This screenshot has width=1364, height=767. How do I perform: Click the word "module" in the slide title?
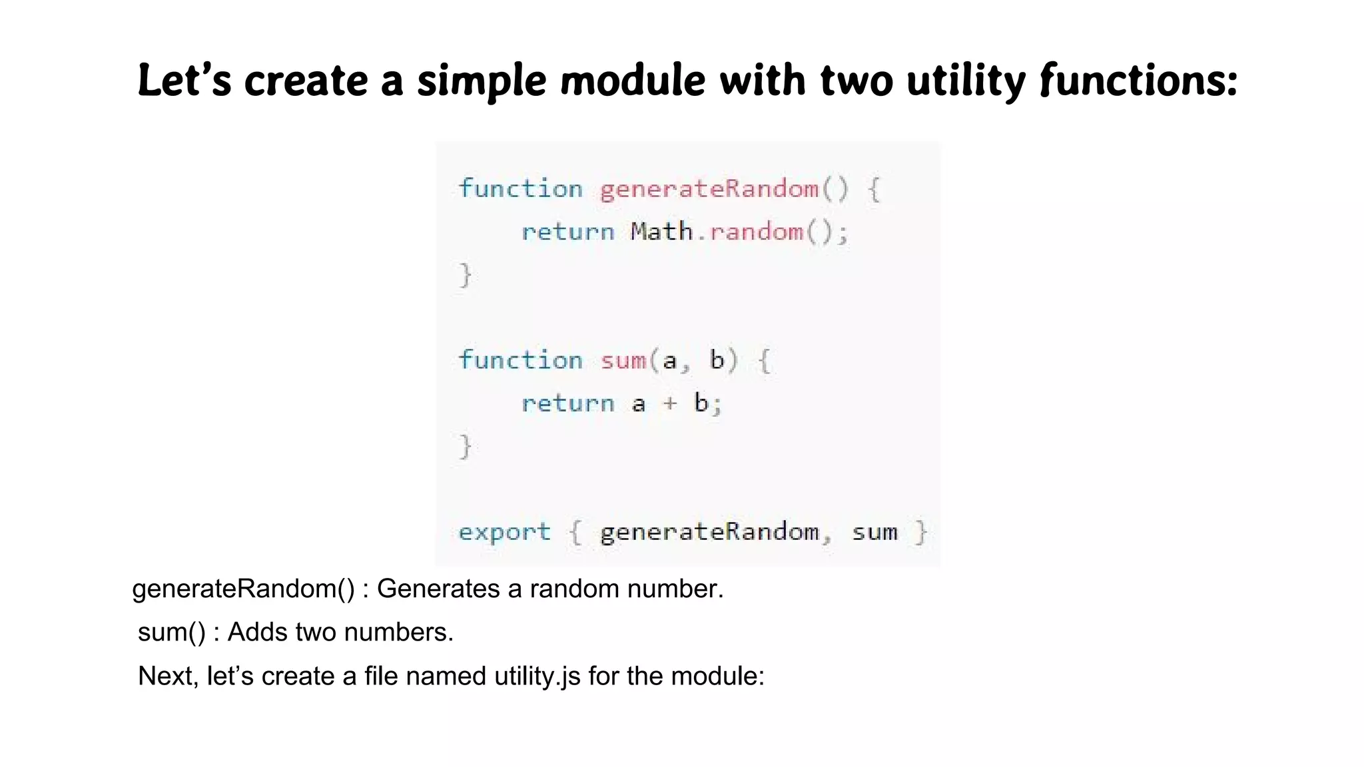632,81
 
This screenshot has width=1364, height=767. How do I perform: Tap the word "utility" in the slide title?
966,82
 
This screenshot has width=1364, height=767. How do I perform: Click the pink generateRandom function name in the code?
709,189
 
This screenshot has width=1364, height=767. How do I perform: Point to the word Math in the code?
661,232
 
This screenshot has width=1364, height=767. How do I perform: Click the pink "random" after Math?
756,232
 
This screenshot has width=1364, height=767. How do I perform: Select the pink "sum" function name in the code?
623,361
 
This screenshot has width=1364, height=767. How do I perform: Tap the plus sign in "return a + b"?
670,403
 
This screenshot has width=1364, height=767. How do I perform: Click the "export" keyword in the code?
504,532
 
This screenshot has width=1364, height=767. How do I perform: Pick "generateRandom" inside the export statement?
709,533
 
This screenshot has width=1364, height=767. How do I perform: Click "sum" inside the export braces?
874,533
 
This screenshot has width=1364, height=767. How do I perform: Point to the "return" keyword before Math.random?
567,232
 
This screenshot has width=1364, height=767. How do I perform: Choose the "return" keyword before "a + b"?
567,403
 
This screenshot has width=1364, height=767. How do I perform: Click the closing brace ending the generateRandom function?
466,274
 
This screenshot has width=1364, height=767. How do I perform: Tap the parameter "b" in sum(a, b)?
717,360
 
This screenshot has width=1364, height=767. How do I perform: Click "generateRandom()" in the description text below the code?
244,589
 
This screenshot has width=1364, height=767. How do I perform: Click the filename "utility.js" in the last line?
537,676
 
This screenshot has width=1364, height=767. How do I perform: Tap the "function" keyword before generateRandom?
520,189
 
